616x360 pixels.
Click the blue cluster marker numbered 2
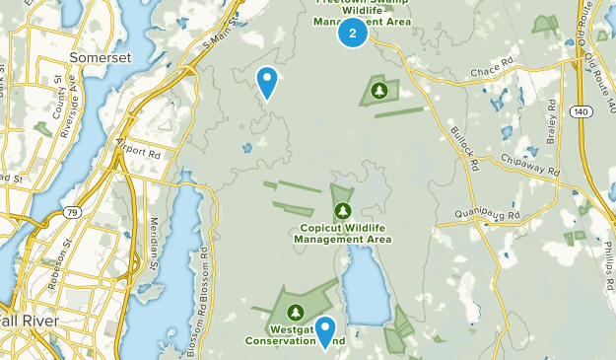[353, 34]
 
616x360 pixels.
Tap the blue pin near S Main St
[267, 82]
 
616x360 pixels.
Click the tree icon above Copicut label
[343, 210]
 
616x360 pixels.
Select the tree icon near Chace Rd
[379, 92]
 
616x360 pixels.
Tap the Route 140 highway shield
[580, 112]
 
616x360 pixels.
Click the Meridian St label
[155, 245]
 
